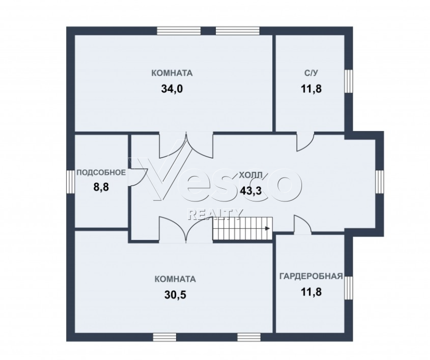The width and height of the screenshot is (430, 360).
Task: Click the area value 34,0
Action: pos(172,89)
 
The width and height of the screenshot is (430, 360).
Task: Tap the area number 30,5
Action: pos(175,295)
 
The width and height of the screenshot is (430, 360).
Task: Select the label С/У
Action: pos(311,73)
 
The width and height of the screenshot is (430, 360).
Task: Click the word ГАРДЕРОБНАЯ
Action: pos(311,276)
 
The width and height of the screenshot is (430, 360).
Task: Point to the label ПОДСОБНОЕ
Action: pos(101,172)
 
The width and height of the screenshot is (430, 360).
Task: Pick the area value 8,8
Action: pos(101,187)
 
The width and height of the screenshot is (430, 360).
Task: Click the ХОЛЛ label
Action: pos(251,175)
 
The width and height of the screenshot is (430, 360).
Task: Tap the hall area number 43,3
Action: pos(251,190)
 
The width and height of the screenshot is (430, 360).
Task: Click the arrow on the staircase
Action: pos(268,228)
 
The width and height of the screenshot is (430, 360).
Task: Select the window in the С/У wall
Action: pos(348,81)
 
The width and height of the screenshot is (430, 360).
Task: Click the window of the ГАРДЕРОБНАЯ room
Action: pos(348,288)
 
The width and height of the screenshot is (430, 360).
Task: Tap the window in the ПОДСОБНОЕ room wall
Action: pos(70,182)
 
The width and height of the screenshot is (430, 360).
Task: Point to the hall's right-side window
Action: pos(380,182)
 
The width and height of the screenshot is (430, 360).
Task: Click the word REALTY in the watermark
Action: pos(214,214)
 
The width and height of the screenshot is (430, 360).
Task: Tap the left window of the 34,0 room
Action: pos(179,31)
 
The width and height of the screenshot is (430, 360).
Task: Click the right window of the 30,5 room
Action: pos(249,337)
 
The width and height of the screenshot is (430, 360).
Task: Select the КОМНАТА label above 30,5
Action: pos(175,279)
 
